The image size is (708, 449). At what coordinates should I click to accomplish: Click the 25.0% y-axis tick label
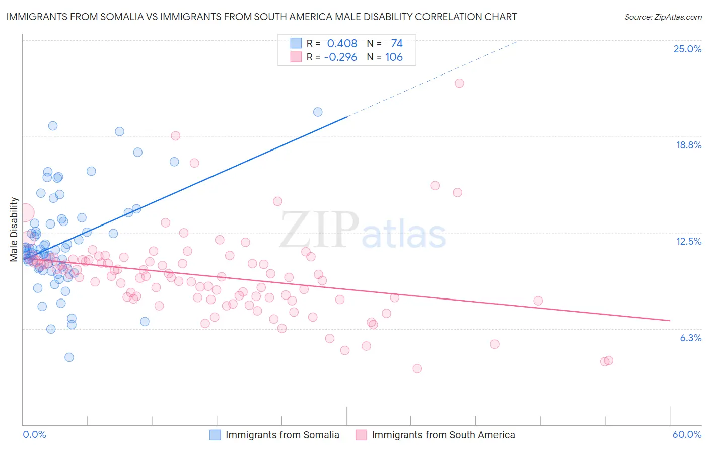(x=687, y=49)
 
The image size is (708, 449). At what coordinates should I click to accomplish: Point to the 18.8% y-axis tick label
(x=688, y=145)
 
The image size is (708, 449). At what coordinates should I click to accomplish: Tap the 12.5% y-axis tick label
(x=688, y=241)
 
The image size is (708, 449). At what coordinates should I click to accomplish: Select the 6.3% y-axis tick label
(x=690, y=338)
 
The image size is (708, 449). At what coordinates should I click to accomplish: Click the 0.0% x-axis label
(x=34, y=434)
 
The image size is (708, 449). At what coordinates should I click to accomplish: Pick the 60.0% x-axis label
(x=687, y=434)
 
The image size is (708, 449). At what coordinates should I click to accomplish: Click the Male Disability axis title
(x=14, y=230)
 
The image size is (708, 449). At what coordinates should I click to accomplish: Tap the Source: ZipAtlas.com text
(x=663, y=17)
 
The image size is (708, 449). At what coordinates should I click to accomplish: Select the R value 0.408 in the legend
(x=342, y=43)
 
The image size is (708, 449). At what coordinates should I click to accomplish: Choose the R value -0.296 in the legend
(x=340, y=57)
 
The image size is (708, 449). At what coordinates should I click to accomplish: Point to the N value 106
(x=394, y=57)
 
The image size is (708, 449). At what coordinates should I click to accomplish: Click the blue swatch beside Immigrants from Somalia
(x=216, y=435)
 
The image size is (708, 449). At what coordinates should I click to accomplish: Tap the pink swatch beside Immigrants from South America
(x=362, y=435)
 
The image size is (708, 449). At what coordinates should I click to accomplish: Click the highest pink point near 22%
(x=459, y=83)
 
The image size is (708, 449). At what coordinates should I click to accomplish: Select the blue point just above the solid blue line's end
(x=318, y=112)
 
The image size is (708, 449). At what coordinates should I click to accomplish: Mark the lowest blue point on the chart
(x=69, y=357)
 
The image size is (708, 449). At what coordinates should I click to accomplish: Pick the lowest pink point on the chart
(x=417, y=368)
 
